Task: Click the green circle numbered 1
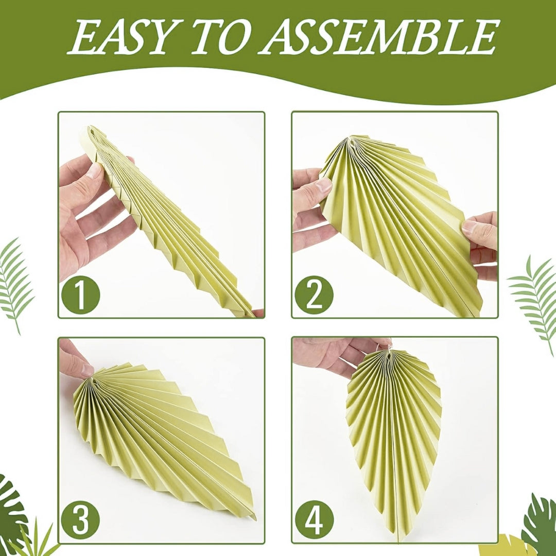(81, 294)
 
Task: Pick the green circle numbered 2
(314, 294)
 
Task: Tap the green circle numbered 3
(81, 520)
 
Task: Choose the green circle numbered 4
(314, 520)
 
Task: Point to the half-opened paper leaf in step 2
(401, 223)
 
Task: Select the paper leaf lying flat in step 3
(163, 440)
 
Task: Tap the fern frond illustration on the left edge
(15, 284)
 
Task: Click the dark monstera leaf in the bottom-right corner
(541, 525)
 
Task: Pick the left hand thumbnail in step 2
(323, 185)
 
